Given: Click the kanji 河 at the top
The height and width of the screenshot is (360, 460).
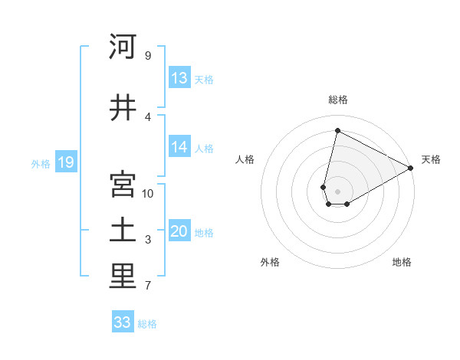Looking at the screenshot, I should tap(122, 47).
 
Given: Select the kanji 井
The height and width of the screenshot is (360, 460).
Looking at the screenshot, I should tap(122, 108).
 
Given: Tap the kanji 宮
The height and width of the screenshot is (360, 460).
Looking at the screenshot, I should tap(122, 185).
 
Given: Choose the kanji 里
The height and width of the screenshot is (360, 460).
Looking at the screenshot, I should tap(122, 277).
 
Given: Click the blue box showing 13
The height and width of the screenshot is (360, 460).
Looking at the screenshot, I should tap(179, 78).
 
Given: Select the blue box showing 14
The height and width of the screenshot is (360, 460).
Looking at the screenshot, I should tap(179, 148).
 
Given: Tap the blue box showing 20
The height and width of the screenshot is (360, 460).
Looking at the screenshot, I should tap(179, 232).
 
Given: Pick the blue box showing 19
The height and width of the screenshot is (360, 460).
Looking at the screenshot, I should tap(65, 162).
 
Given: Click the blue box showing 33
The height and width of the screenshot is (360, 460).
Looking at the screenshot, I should tap(123, 322).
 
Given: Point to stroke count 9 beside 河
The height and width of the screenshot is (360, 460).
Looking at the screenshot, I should tap(148, 56).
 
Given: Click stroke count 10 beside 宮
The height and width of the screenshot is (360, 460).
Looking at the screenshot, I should tap(148, 193).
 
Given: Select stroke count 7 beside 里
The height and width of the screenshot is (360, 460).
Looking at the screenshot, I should tap(148, 286).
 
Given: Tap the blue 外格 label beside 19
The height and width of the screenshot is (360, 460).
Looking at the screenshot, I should tap(40, 163).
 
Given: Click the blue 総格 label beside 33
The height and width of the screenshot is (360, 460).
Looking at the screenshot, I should tap(147, 324).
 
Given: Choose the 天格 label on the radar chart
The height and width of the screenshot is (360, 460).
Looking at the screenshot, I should tap(431, 159).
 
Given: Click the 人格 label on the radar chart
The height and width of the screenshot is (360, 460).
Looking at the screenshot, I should tap(245, 159).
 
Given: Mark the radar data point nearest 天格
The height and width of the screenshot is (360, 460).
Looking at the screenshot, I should tap(411, 168).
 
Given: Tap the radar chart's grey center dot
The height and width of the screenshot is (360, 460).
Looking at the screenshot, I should tap(337, 190).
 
